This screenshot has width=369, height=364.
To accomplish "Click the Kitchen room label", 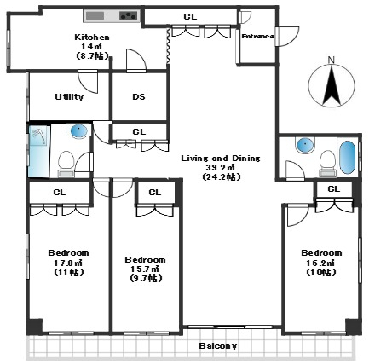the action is click(x=92, y=38).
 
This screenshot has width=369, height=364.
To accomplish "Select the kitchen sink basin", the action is click(x=95, y=16).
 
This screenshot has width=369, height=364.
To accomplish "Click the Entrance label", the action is click(x=257, y=37).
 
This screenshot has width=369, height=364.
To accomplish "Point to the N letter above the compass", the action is click(x=332, y=60).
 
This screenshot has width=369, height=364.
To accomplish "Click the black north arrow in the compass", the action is click(x=332, y=85).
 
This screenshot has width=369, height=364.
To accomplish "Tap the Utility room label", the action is click(x=69, y=97).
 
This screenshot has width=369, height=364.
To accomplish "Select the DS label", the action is click(x=139, y=97).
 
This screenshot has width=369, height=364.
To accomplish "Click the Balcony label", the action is click(x=218, y=346).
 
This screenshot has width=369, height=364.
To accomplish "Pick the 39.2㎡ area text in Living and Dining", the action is click(x=222, y=168).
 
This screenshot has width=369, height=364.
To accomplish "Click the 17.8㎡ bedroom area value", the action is click(x=68, y=263).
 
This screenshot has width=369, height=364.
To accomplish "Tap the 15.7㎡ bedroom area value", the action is click(x=145, y=269).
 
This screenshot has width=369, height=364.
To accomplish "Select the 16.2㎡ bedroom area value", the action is click(x=321, y=263).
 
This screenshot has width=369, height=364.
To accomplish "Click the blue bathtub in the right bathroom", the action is click(x=348, y=158).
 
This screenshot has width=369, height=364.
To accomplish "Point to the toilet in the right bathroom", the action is click(x=327, y=164).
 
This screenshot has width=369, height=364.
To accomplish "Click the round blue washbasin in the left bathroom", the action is click(x=78, y=131).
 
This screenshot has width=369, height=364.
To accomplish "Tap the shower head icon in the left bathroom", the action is click(x=39, y=136).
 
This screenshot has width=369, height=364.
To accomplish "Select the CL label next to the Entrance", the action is click(x=190, y=17).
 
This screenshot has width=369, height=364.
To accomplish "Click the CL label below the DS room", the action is click(x=139, y=132).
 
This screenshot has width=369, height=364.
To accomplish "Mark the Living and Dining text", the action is click(x=221, y=159).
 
